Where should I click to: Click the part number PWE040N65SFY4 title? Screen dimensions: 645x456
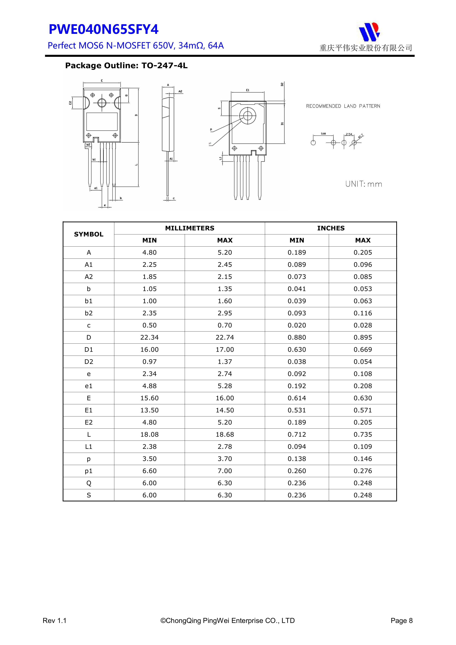pos(104,29)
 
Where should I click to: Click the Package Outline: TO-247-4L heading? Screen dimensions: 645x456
pos(126,66)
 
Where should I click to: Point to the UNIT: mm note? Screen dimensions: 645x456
pos(364,184)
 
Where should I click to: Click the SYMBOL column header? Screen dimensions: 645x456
pos(89,234)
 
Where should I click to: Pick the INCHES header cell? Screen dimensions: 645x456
pos(331,228)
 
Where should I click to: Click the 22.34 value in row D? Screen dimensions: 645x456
pos(149,337)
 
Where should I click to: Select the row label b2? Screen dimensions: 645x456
pos(89,313)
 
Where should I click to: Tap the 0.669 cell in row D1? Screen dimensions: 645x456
pos(363,350)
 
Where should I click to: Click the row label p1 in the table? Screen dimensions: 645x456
pos(89,471)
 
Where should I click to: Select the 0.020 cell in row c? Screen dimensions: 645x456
pos(297,325)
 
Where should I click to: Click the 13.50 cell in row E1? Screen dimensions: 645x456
pos(149,410)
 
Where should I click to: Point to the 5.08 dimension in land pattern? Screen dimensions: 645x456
pos(323,134)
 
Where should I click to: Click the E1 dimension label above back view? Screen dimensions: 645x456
pos(247,90)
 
